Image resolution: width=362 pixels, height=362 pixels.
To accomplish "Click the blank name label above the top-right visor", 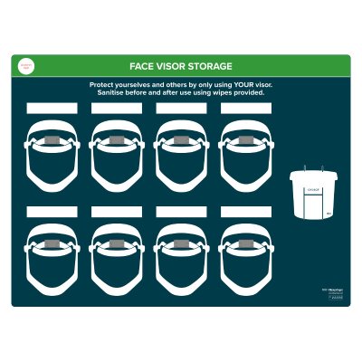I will (245, 108).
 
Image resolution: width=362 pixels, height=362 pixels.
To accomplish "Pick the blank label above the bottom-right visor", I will (245, 212).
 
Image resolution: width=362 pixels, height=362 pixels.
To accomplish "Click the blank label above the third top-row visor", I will (181, 108).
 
